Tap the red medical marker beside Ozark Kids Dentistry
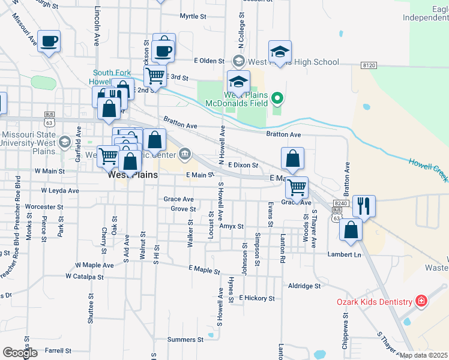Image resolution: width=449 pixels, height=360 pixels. click(421, 301)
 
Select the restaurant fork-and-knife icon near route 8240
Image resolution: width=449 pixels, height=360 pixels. click(364, 206)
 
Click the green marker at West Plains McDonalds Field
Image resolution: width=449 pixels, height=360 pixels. click(277, 97)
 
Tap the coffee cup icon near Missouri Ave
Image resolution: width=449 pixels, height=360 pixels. click(49, 41)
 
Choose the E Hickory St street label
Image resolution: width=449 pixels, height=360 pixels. click(256, 298)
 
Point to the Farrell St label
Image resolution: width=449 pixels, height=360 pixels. click(58, 350)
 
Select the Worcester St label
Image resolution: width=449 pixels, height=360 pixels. click(45, 206)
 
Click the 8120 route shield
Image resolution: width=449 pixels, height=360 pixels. click(369, 64)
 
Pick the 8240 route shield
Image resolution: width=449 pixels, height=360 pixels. click(341, 204)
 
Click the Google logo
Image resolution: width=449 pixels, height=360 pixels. click(20, 352)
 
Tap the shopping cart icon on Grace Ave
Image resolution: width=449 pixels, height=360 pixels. click(297, 187)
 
